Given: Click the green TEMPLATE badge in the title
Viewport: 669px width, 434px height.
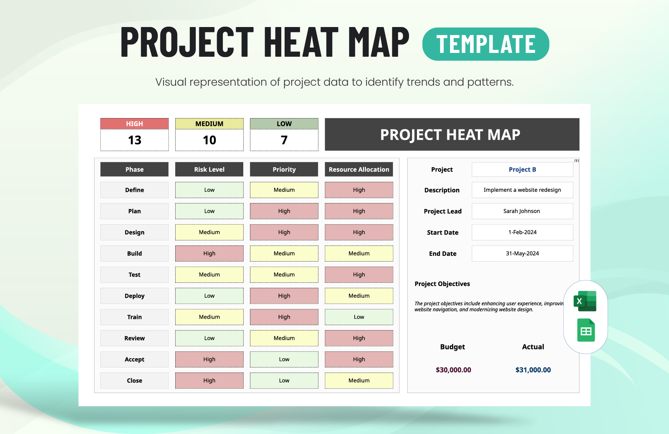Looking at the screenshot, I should click(485, 44).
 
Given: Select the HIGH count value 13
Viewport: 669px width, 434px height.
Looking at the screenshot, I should click(135, 140).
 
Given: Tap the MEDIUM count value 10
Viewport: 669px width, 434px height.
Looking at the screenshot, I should click(209, 140).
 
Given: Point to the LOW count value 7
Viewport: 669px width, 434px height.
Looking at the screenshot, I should click(284, 140).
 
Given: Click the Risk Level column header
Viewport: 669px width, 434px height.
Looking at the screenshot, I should click(209, 169).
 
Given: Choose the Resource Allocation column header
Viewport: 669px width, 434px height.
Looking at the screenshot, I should click(359, 169).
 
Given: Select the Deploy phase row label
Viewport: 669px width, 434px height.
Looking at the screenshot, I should click(135, 296).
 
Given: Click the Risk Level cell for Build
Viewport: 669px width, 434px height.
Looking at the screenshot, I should click(209, 254).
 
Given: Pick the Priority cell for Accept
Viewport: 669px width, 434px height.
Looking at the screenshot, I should click(284, 359).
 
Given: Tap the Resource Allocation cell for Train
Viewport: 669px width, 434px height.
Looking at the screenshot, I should click(359, 317).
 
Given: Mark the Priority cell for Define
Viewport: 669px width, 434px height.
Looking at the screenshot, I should click(284, 190).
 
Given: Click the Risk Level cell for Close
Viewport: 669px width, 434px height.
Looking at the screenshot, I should click(209, 381).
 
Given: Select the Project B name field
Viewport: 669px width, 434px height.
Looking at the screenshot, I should click(522, 169).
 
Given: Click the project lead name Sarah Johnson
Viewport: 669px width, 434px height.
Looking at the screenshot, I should click(522, 211).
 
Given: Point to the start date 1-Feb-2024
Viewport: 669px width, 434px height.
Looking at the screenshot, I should click(522, 232).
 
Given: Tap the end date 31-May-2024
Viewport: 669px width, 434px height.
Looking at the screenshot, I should click(522, 254).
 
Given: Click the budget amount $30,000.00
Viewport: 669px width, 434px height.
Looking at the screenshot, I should click(453, 370).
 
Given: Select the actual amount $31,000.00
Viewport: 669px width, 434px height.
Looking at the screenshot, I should click(533, 370).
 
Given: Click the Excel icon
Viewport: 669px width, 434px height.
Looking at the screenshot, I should click(585, 301).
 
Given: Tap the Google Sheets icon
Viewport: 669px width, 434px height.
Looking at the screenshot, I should click(586, 330).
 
